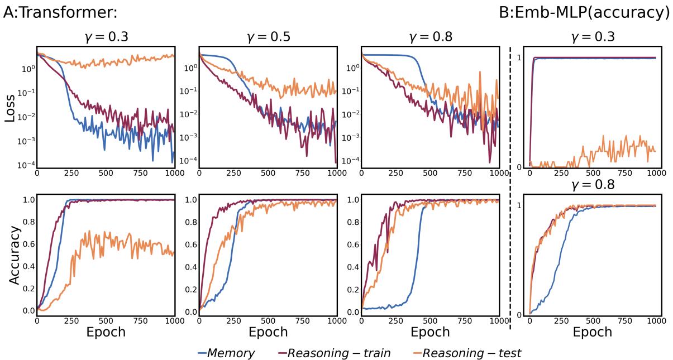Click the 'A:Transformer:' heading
60,12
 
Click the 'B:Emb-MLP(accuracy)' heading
584,12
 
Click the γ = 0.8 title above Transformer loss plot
430,38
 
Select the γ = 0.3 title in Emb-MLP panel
593,38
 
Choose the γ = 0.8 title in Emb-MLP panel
593,185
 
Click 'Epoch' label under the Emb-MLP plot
593,332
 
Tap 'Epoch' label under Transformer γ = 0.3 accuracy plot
106,332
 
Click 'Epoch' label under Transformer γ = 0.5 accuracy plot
268,332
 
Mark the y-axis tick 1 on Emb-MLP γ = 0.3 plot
519,57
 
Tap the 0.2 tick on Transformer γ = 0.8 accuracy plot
352,289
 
